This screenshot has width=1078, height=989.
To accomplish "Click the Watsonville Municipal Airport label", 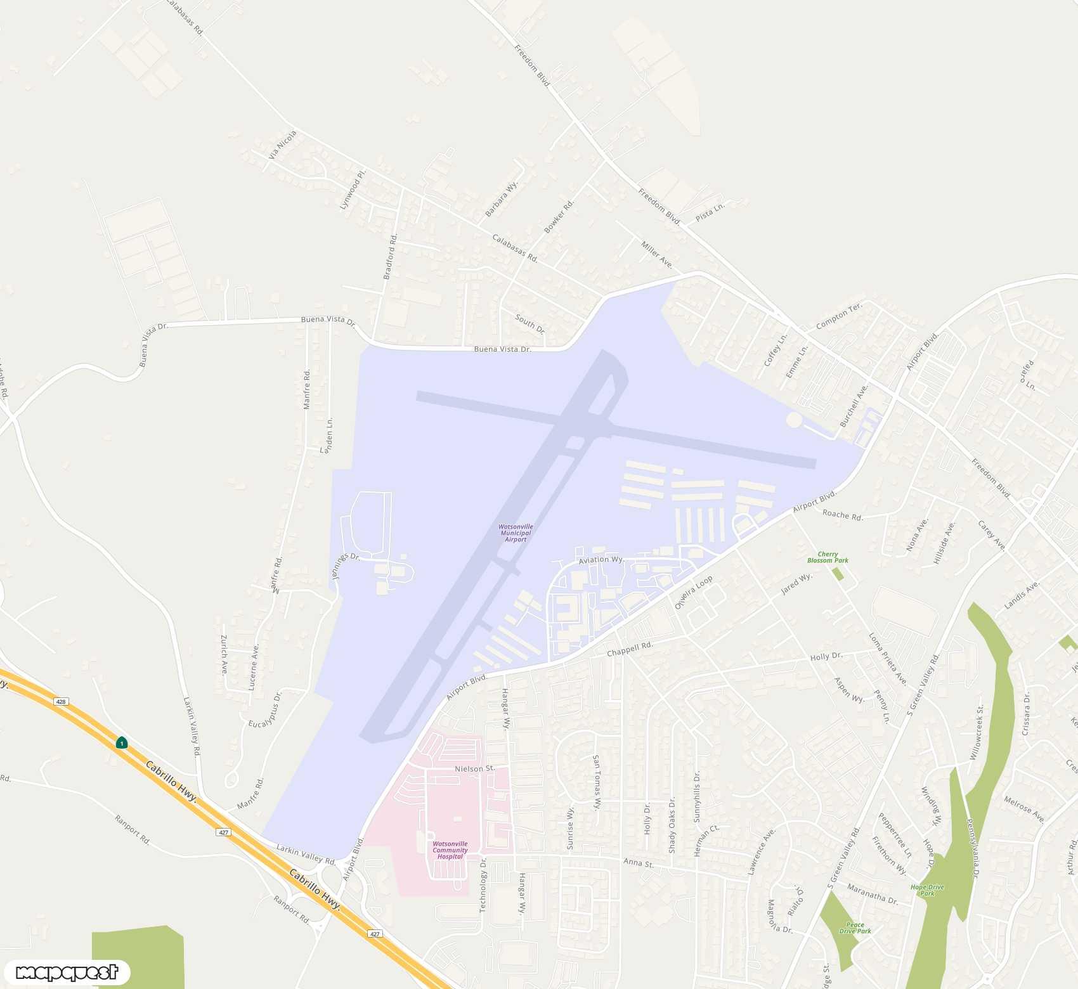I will (516, 533).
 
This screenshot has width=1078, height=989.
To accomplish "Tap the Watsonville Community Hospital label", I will (450, 850).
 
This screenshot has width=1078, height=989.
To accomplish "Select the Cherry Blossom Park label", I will (828, 557).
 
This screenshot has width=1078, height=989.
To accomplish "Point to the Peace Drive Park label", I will (855, 928).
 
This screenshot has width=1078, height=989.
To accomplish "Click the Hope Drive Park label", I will (927, 890).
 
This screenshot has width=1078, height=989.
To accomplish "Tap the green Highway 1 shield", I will (121, 743).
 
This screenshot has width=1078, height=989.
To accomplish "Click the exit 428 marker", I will (60, 702).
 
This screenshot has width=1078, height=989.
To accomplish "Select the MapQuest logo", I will (67, 972).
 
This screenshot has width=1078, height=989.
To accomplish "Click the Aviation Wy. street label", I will (601, 560).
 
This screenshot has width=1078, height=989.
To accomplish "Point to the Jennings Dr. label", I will (346, 566).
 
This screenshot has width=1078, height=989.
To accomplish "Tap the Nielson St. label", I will (474, 768).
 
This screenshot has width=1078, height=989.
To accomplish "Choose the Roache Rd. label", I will (842, 515).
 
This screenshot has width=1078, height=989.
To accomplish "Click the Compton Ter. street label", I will (839, 316).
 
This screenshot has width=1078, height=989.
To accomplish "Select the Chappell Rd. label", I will (630, 649).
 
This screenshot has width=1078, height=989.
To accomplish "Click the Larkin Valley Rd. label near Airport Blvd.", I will (306, 855).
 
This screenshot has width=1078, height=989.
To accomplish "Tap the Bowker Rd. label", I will (559, 216).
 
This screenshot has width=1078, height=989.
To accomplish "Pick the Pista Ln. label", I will (710, 212).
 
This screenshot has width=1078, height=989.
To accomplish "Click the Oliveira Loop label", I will (693, 592).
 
